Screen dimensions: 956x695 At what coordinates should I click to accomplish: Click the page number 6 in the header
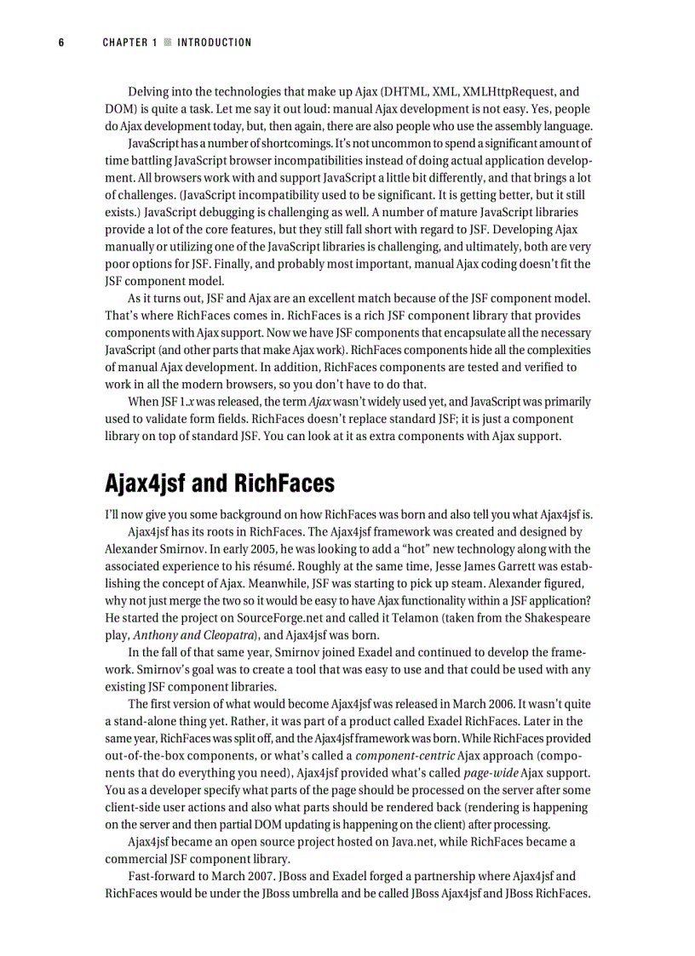pyautogui.click(x=61, y=43)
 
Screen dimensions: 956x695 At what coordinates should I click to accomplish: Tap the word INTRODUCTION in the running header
pyautogui.click(x=214, y=43)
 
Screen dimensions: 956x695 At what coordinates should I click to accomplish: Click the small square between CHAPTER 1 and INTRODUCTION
pyautogui.click(x=168, y=43)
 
